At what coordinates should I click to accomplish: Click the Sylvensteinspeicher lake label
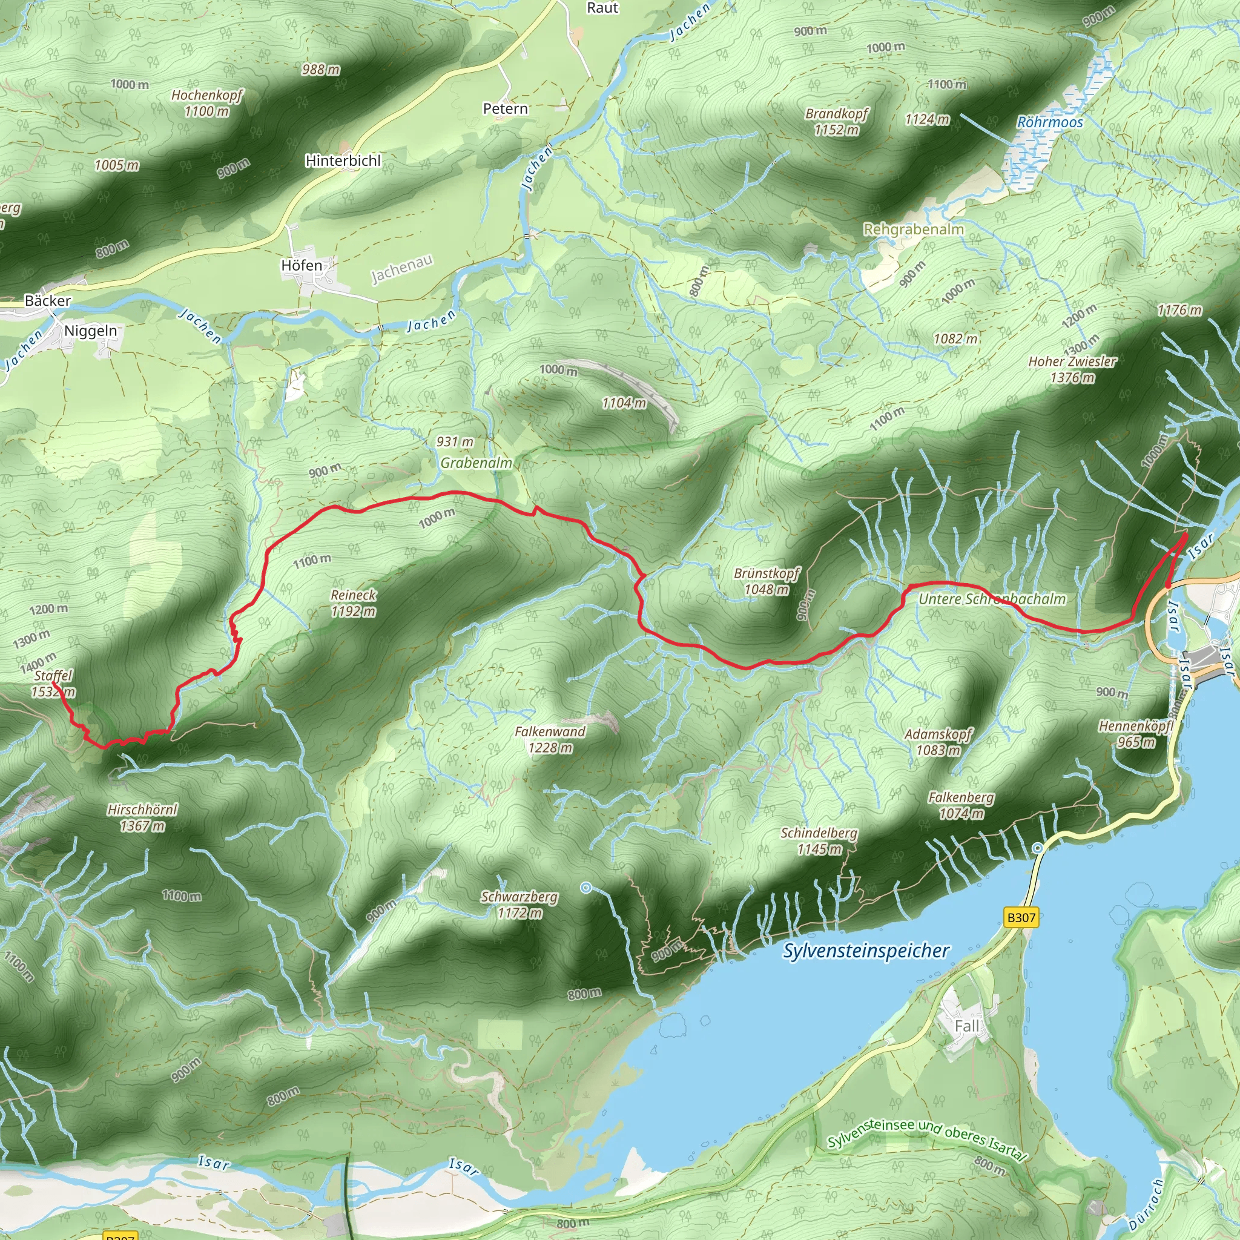click(x=865, y=951)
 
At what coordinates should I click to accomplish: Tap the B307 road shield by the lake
click(x=1020, y=917)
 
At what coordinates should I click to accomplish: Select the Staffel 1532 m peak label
click(x=53, y=684)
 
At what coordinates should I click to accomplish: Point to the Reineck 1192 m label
click(x=353, y=602)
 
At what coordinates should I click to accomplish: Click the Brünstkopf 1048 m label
click(x=767, y=581)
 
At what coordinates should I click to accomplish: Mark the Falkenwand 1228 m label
click(x=550, y=739)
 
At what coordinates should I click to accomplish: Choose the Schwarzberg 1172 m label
click(x=519, y=905)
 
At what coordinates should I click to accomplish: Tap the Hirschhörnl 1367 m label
click(x=142, y=817)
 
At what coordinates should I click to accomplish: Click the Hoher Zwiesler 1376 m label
click(x=1072, y=369)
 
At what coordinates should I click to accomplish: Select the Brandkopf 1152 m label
click(x=836, y=121)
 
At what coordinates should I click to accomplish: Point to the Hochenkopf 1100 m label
click(x=206, y=103)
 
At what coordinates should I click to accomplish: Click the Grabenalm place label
click(x=477, y=463)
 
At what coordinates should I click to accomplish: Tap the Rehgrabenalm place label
click(x=913, y=229)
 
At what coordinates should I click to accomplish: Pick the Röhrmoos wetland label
click(x=1050, y=122)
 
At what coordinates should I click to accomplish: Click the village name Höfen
click(x=302, y=265)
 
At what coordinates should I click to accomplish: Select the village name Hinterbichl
click(x=343, y=160)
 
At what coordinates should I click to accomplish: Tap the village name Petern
click(x=505, y=108)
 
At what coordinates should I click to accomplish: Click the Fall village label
click(x=966, y=1026)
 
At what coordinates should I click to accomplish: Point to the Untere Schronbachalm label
click(x=992, y=599)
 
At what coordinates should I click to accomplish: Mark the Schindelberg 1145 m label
click(x=819, y=841)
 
